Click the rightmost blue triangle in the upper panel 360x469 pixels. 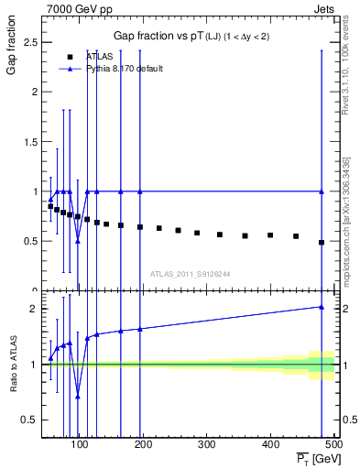click(321, 191)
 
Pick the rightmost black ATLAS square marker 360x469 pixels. click(321, 243)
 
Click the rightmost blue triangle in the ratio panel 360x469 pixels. click(321, 307)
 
